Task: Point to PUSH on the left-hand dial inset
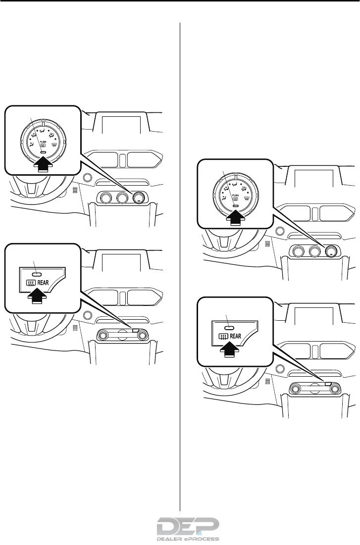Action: click(x=44, y=141)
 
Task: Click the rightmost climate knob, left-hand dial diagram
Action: click(x=139, y=198)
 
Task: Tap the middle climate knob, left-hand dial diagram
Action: click(x=122, y=198)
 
